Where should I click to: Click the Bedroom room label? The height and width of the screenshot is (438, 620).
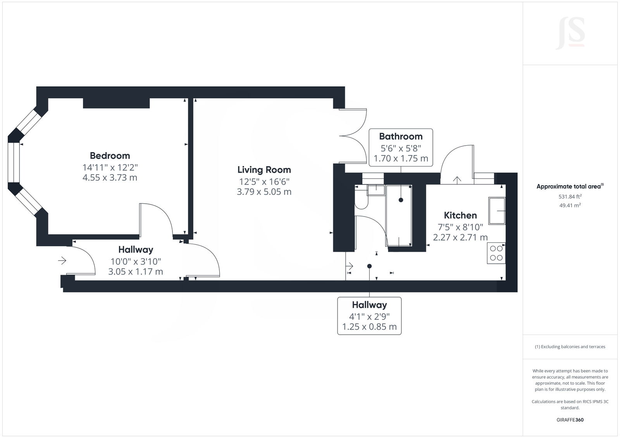(110, 156)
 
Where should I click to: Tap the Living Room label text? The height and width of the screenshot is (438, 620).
(264, 170)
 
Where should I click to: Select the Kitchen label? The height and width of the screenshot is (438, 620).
(460, 215)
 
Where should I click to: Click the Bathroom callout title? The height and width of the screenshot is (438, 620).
(400, 136)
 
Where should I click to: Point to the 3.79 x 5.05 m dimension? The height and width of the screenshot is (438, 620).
(264, 192)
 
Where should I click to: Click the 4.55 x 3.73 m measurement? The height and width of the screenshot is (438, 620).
(110, 178)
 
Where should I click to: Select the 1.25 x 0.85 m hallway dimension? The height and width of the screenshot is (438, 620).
(369, 327)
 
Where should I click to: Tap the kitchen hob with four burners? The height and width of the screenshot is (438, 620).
(496, 253)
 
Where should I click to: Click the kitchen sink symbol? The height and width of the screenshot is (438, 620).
(496, 211)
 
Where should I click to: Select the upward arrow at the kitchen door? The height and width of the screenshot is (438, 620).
(457, 180)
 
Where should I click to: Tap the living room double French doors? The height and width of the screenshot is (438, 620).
(353, 136)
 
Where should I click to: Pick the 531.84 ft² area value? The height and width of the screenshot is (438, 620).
(570, 196)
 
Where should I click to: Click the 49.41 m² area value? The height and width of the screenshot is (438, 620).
(570, 206)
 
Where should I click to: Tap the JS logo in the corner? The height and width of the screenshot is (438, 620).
(570, 34)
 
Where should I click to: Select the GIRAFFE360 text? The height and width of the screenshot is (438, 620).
(570, 420)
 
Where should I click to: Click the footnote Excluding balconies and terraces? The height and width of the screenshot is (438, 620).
(570, 347)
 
